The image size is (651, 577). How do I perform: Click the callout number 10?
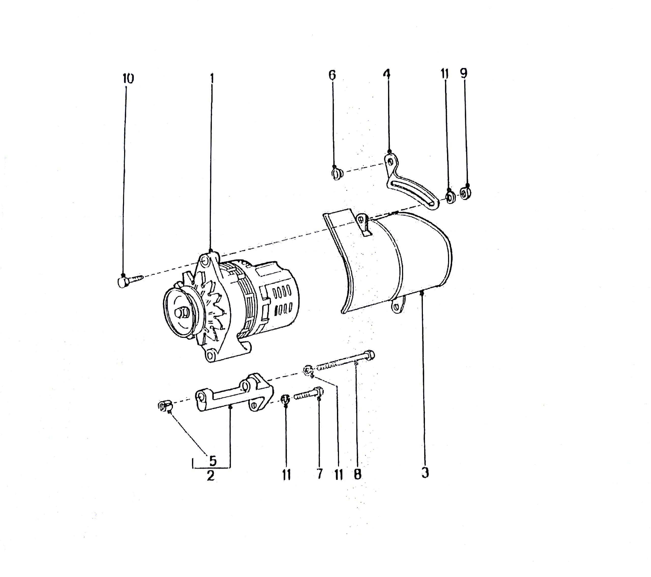[x=128, y=79]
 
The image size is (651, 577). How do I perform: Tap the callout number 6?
[x=332, y=75]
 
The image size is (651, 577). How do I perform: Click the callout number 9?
[x=464, y=73]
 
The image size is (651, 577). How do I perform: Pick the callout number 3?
[x=425, y=473]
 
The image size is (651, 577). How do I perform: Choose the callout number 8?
[x=358, y=475]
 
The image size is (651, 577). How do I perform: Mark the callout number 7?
[x=320, y=474]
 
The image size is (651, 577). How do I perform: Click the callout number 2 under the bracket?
[x=211, y=476]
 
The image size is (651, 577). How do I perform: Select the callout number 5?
[x=213, y=461]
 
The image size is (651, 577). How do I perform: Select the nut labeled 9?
[x=466, y=193]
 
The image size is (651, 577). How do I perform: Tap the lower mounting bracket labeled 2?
[x=234, y=393]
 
